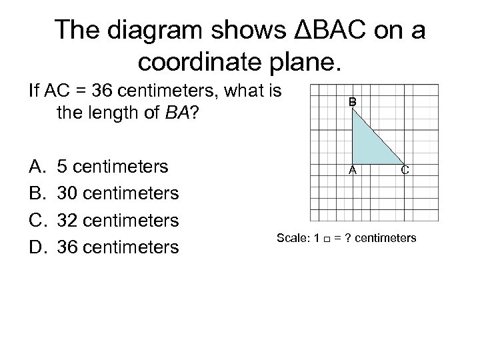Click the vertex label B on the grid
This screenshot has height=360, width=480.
pyautogui.click(x=353, y=102)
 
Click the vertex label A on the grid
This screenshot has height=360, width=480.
pyautogui.click(x=354, y=170)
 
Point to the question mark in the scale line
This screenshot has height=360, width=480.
pyautogui.click(x=343, y=238)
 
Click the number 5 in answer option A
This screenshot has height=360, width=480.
pyautogui.click(x=63, y=165)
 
